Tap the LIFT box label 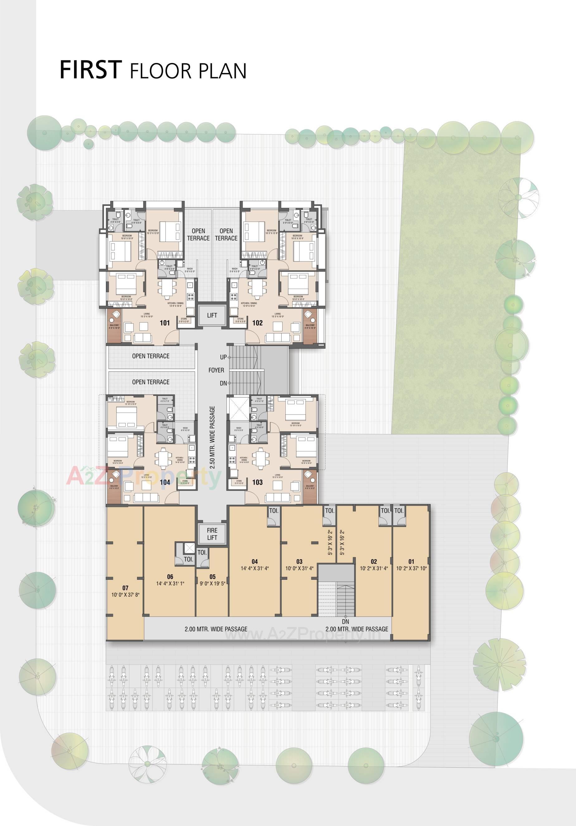212,315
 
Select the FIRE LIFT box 212,534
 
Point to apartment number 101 165,323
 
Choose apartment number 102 257,323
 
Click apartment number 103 257,482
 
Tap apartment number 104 165,482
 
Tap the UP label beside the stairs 223,357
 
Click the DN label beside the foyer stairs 223,383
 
